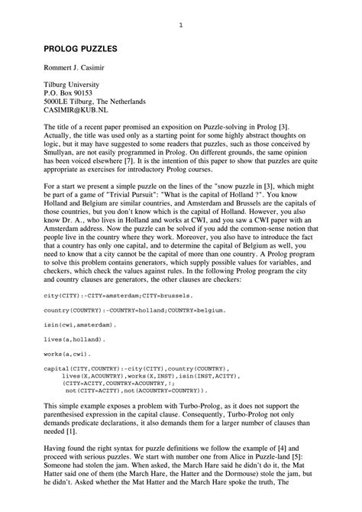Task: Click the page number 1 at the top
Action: click(x=180, y=25)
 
